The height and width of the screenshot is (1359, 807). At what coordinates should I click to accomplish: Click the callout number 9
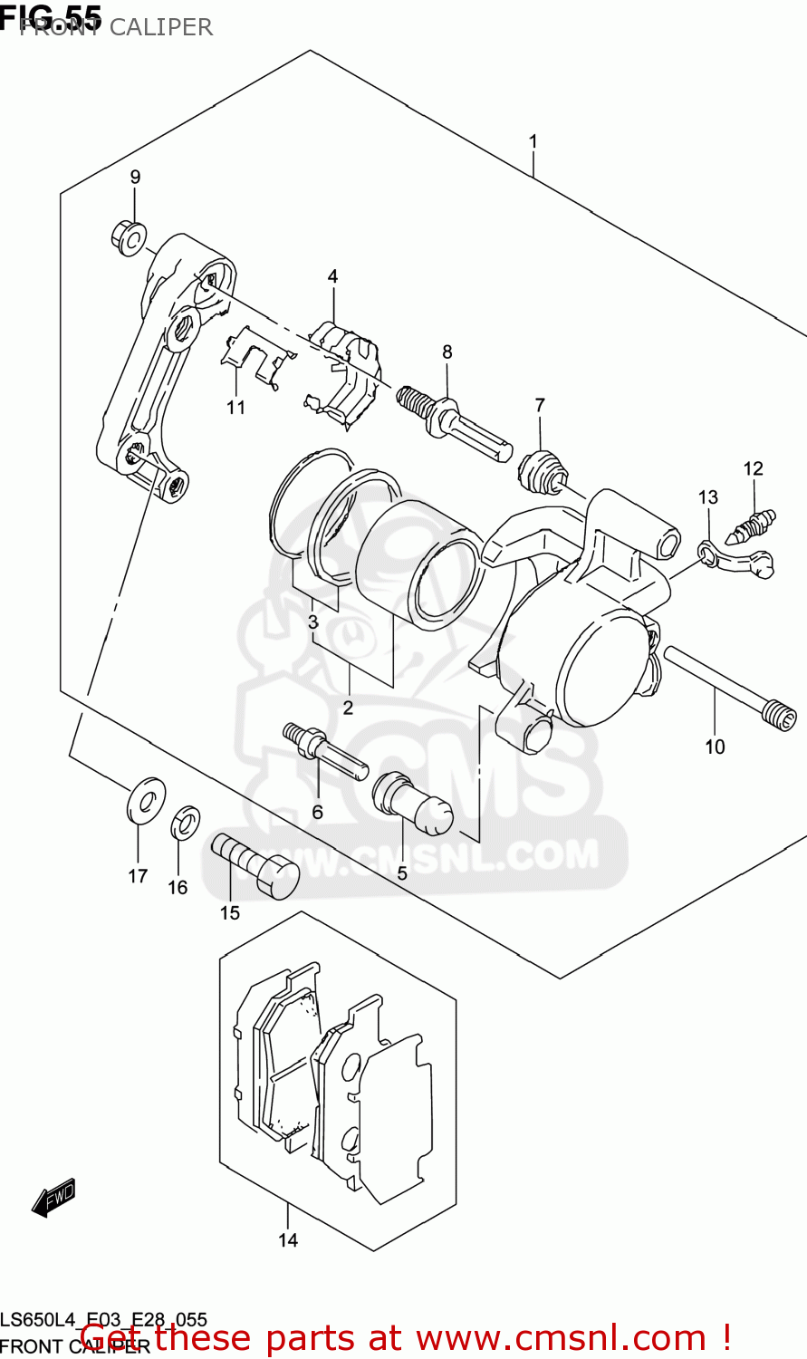coord(135,177)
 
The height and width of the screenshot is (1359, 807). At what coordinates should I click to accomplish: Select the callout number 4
coord(332,276)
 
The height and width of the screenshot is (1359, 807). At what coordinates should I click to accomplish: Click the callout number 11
coord(236,408)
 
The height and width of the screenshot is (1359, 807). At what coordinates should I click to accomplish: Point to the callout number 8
coord(447,352)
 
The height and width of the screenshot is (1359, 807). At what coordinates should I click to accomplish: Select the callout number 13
coord(708,496)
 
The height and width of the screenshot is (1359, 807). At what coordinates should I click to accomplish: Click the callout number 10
coord(716,747)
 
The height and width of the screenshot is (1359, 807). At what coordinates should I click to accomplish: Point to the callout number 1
coord(533,141)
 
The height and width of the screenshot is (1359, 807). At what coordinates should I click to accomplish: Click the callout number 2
coord(348,708)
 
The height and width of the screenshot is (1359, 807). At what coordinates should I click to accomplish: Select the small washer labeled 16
coord(186,822)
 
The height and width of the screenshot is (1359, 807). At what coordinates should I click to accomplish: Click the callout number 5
coord(402,874)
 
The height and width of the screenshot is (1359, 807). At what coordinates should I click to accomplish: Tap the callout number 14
coord(288,1240)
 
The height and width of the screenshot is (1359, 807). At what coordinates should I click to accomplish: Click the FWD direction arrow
coord(53,1198)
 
